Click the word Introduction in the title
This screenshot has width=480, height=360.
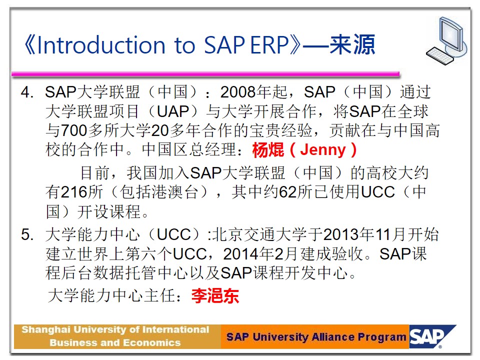click(x=101, y=45)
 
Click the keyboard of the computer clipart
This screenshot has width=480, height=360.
click(x=439, y=56)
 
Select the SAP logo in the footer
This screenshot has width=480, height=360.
click(x=432, y=336)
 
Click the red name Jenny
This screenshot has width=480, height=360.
click(x=322, y=150)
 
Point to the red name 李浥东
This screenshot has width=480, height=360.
click(x=215, y=295)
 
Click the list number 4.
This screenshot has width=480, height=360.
click(x=27, y=92)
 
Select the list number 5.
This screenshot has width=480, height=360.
click(x=27, y=235)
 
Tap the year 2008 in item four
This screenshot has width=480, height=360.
click(x=238, y=92)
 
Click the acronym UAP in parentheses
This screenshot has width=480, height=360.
click(x=173, y=111)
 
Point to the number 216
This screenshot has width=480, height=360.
click(x=74, y=192)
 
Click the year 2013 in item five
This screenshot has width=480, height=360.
click(x=341, y=235)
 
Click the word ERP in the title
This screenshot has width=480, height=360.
click(x=269, y=45)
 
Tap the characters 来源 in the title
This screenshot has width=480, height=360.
click(x=352, y=44)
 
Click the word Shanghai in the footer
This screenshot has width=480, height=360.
click(x=46, y=330)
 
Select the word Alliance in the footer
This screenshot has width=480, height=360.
click(x=333, y=337)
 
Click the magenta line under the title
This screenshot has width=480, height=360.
click(x=205, y=74)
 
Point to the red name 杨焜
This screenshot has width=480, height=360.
click(x=268, y=150)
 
